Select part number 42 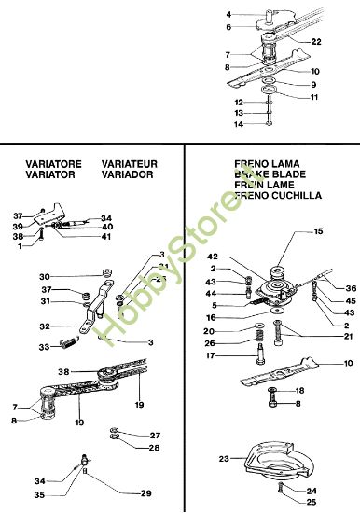coord(213,257)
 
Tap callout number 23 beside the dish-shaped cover coord(224,458)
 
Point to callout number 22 coord(316,42)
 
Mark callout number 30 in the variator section coord(44,277)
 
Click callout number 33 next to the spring coord(43,347)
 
